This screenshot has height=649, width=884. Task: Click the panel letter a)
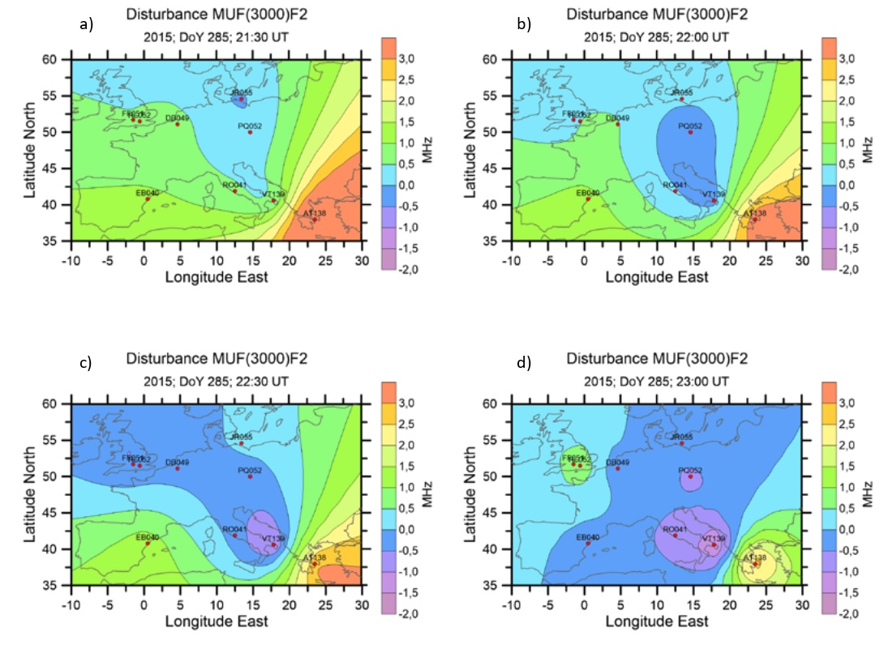pos(87,24)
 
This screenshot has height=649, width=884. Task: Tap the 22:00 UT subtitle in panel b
pos(657,37)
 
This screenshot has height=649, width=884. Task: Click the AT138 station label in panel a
pos(315,212)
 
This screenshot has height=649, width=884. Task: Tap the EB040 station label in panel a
pos(147,193)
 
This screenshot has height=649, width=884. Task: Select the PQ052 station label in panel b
pos(690,126)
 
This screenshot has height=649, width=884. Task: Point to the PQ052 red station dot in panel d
pos(691,476)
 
